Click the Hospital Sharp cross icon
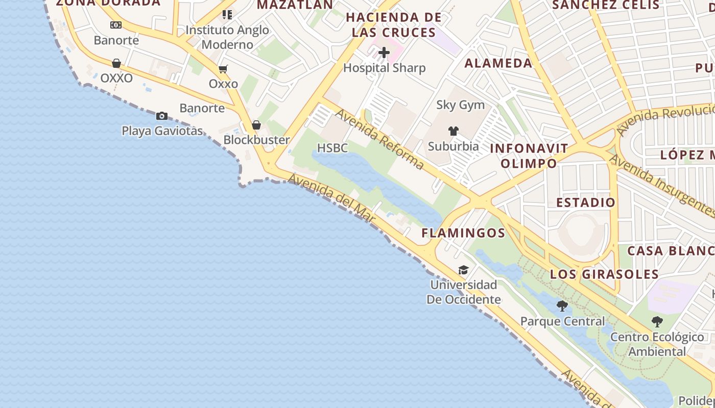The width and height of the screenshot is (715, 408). tap(384, 52)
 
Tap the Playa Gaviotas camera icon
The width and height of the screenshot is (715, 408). tap(162, 116)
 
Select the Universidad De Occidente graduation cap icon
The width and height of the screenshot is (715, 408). tap(463, 270)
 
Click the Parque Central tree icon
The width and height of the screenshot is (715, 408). tap(562, 306)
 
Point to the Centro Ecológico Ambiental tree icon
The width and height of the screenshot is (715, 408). tap(657, 322)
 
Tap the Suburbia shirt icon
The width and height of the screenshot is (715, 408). tap(453, 131)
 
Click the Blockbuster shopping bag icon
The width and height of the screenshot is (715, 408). tap(256, 125)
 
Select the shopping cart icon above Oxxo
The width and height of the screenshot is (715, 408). tap(223, 69)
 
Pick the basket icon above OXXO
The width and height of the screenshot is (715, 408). tap(116, 63)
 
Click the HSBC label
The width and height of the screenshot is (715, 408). tap(332, 148)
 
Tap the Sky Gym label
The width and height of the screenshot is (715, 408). tap(460, 105)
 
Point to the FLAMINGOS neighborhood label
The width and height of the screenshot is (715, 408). tap(463, 233)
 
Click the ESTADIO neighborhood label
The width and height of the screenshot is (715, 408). tap(586, 202)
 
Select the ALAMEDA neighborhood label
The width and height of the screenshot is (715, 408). tap(498, 63)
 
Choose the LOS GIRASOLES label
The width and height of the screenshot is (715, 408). tap(604, 274)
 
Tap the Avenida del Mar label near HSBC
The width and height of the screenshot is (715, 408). tap(332, 198)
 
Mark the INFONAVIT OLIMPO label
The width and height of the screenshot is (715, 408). tap(529, 156)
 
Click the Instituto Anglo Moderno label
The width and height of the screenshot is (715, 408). tap(227, 37)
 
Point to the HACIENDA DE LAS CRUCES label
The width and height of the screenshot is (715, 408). tap(394, 25)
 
